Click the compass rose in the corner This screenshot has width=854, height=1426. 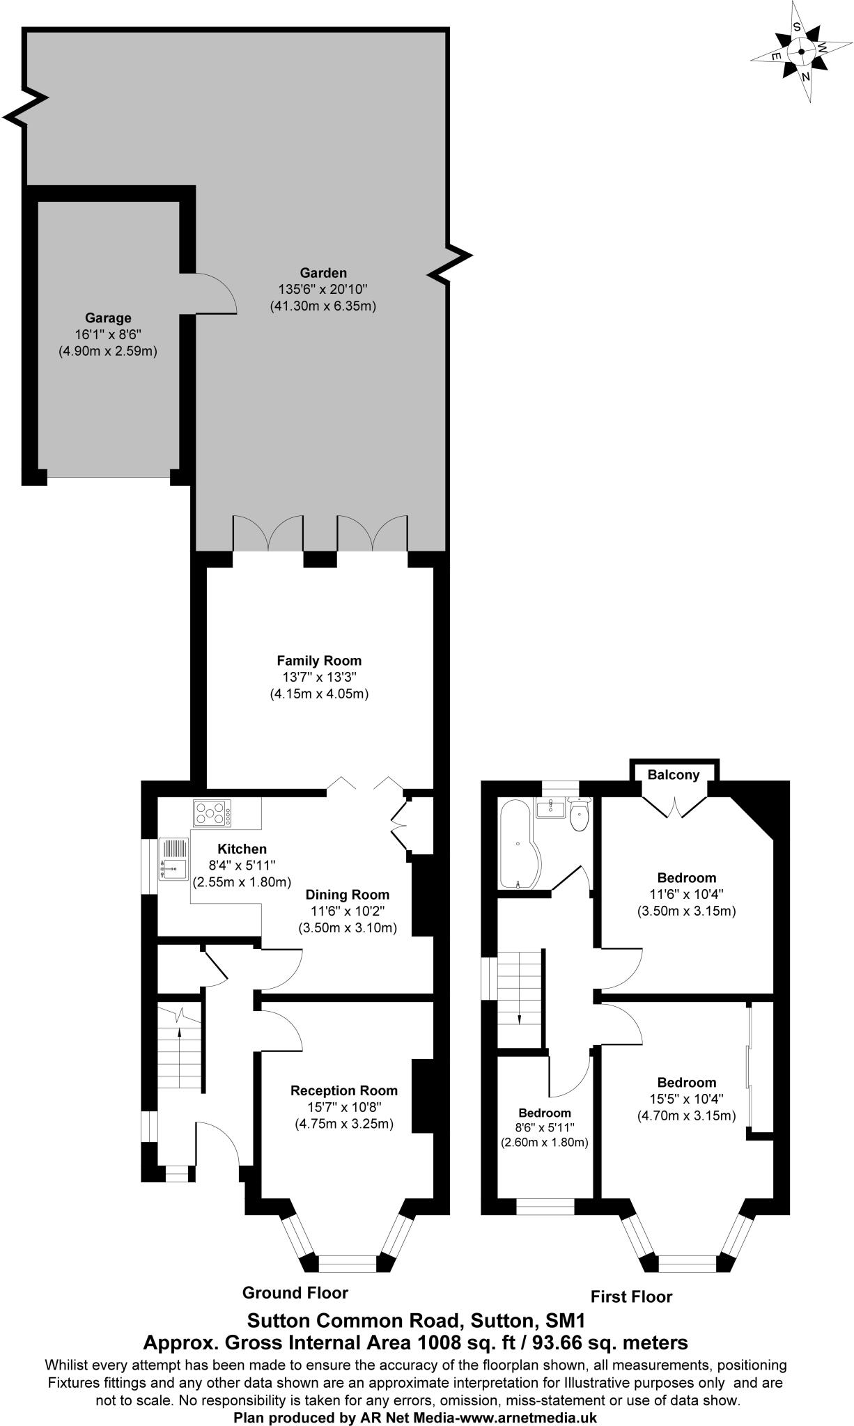(801, 52)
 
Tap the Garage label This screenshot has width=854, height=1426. (108, 318)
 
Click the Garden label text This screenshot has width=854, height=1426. (323, 273)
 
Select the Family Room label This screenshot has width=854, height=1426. (319, 660)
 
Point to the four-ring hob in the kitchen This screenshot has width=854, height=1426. (213, 813)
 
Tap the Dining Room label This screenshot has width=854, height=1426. (348, 895)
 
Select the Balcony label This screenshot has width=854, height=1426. (673, 775)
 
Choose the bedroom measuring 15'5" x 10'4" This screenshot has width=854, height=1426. (687, 1099)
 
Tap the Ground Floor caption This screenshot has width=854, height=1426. (295, 1293)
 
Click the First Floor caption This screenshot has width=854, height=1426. (631, 1296)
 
